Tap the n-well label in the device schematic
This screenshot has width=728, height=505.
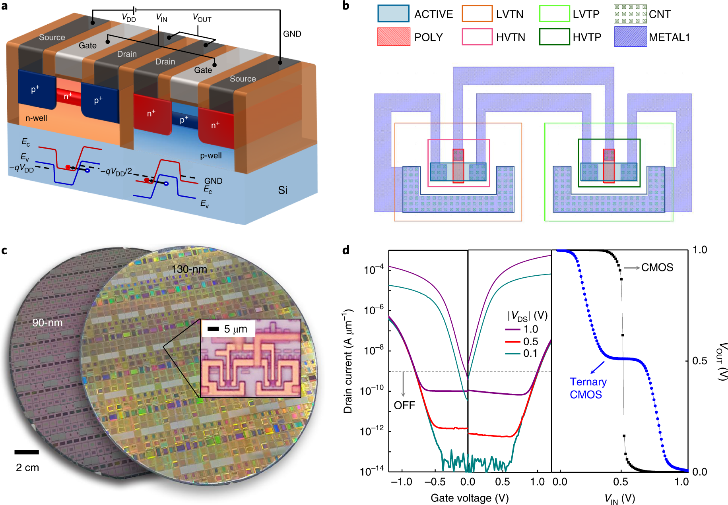pyautogui.click(x=36, y=118)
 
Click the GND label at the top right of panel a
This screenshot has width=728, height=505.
pyautogui.click(x=292, y=34)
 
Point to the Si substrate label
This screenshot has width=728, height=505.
pyautogui.click(x=282, y=190)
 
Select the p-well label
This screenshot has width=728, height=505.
pyautogui.click(x=211, y=156)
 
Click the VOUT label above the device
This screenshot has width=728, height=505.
pyautogui.click(x=202, y=18)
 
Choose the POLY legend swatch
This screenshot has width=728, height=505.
pyautogui.click(x=393, y=37)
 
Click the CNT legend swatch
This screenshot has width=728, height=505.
pyautogui.click(x=630, y=14)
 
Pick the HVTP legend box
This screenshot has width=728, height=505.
pyautogui.click(x=554, y=37)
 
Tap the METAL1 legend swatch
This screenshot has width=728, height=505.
pyautogui.click(x=630, y=37)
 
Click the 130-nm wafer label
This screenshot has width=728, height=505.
pyautogui.click(x=189, y=269)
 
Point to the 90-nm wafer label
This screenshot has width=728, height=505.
pyautogui.click(x=47, y=323)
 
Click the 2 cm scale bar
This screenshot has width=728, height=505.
pyautogui.click(x=27, y=452)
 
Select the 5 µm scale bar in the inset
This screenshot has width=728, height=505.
pyautogui.click(x=213, y=329)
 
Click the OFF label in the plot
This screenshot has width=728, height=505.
pyautogui.click(x=404, y=405)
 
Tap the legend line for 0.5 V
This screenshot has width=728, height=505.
pyautogui.click(x=513, y=342)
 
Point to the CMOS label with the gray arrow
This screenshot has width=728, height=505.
pyautogui.click(x=657, y=267)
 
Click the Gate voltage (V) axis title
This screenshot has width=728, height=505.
pyautogui.click(x=470, y=498)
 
